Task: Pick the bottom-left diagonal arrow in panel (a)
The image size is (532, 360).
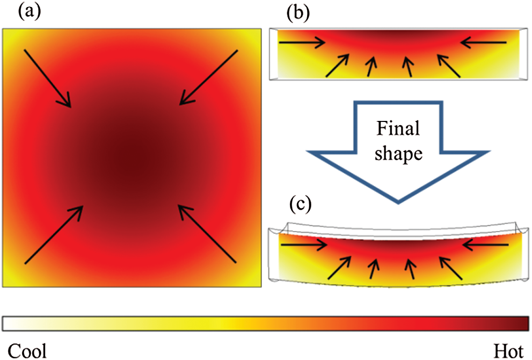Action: click(54, 234)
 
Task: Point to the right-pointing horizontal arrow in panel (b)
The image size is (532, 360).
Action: click(302, 42)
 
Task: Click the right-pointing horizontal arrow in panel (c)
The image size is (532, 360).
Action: click(304, 244)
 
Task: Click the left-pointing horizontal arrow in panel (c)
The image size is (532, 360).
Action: click(485, 244)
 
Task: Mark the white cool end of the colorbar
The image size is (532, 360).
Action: click(8, 323)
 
